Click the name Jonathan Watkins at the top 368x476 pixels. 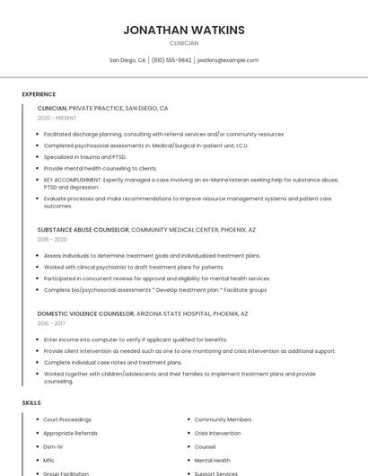point(184,30)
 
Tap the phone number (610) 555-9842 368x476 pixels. point(171,60)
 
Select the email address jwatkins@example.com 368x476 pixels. point(228,60)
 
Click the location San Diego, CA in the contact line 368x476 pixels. point(127,60)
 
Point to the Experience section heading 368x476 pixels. point(39,94)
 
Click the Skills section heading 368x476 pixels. point(31,403)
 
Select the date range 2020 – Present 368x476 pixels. point(57,118)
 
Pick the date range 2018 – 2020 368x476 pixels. point(52,240)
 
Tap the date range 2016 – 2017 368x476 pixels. point(52,324)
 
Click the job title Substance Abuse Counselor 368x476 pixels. point(83,229)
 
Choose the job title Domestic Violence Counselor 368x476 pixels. point(86,313)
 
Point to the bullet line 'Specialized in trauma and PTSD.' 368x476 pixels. point(86,156)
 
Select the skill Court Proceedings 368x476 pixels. point(67,419)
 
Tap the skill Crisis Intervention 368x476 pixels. point(217,433)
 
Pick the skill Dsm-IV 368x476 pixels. point(53,446)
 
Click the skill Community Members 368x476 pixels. point(223,419)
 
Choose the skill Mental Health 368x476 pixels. point(212,460)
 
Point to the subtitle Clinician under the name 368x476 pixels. point(184,43)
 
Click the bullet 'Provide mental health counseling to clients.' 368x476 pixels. point(101,168)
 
